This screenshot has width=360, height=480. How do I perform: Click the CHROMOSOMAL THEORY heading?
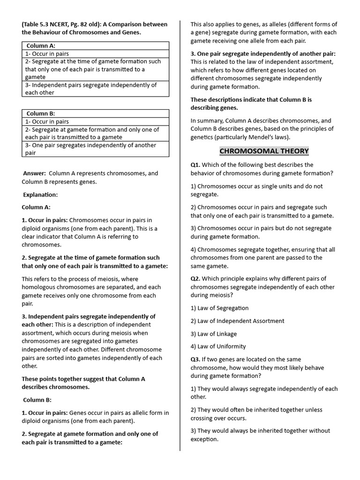(264, 151)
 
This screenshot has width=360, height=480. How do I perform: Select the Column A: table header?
(41, 46)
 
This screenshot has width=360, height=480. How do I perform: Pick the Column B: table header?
(41, 113)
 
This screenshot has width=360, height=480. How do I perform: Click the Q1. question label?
(195, 165)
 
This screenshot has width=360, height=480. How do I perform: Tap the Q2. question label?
(195, 279)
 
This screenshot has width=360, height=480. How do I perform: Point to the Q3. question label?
(195, 360)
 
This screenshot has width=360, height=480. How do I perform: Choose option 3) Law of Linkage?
(214, 334)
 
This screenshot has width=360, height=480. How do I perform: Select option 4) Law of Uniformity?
(218, 346)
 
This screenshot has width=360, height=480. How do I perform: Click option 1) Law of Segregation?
(219, 308)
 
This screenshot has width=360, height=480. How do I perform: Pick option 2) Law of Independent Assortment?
(237, 321)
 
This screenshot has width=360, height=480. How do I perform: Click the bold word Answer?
(35, 173)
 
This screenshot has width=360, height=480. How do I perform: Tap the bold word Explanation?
(40, 195)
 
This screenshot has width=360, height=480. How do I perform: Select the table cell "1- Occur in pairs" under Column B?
(47, 121)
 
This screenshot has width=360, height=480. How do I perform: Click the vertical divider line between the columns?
(180, 234)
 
